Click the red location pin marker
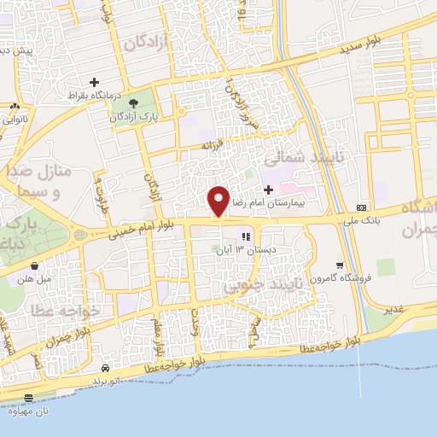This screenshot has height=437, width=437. [x=219, y=201]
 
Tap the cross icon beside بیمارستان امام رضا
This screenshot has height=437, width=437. [x=269, y=189]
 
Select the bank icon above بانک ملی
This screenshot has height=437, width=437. [x=361, y=207]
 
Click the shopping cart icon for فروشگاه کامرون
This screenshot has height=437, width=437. [x=341, y=265]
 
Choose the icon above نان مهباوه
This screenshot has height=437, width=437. [x=28, y=398]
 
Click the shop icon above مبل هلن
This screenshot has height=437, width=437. [x=34, y=266]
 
